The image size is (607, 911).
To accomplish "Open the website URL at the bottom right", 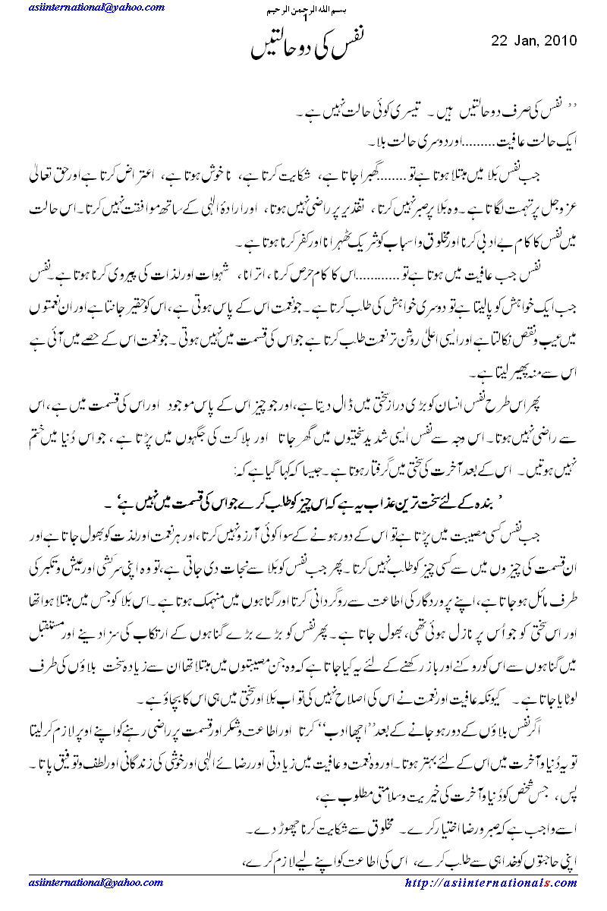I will point(491,883).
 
